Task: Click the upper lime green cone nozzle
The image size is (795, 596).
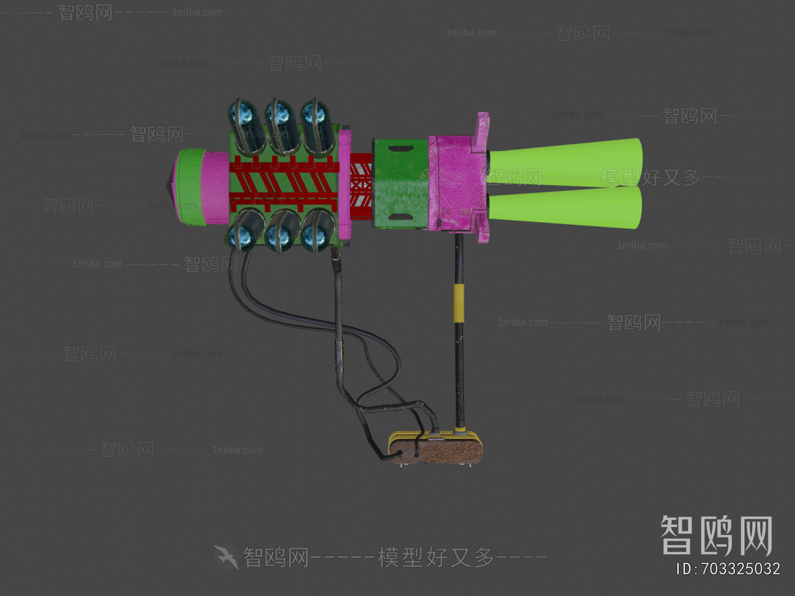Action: (566, 161)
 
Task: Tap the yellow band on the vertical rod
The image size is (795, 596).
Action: (459, 303)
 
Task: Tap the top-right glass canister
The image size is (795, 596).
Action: (318, 124)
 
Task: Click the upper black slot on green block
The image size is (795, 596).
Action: (399, 149)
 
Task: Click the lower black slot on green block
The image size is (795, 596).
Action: (399, 217)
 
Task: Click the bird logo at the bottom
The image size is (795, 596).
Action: (227, 557)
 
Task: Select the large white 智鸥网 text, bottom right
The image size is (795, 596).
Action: (716, 535)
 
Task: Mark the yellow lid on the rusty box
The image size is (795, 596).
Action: (435, 438)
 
